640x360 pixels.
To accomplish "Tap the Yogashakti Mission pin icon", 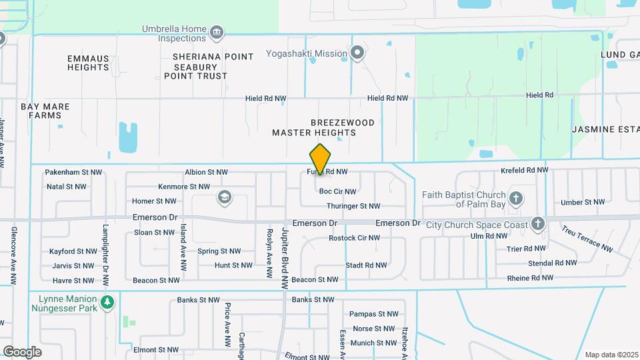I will tap(358, 53).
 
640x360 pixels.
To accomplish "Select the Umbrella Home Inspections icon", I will tap(216, 33).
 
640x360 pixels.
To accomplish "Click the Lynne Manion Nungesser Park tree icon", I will tap(107, 303).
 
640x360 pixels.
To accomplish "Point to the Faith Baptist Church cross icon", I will tap(515, 198).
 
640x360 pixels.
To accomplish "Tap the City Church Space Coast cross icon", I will tap(538, 224).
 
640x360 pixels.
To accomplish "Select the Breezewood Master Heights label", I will tap(314, 127).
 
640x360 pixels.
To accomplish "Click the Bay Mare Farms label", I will tap(45, 111).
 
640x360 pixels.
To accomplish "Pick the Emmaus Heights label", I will tap(88, 63).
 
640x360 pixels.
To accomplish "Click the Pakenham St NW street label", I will tap(73, 172).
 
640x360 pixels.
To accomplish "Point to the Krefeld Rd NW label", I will tap(524, 171).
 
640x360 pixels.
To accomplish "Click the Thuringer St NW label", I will tap(353, 207).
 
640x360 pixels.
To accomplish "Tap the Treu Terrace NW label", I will tap(587, 238).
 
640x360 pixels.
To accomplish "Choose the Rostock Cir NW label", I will tap(354, 237).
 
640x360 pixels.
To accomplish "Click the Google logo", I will tap(22, 351).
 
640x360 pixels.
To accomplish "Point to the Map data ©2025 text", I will tap(610, 355).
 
